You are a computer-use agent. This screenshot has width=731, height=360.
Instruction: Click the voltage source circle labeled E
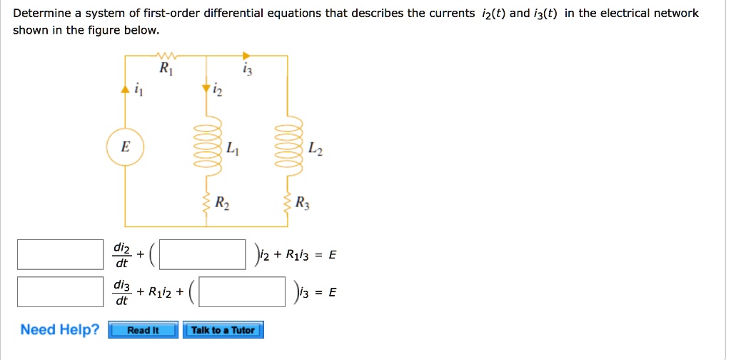pyautogui.click(x=126, y=147)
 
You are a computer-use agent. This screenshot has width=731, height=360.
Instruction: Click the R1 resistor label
pyautogui.click(x=165, y=70)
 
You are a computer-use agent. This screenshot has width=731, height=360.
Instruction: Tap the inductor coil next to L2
pyautogui.click(x=287, y=147)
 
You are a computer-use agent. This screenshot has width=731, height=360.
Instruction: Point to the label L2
pyautogui.click(x=317, y=150)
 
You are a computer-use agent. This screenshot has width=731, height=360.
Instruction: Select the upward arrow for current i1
pyautogui.click(x=126, y=89)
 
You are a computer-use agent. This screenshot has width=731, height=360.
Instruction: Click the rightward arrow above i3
pyautogui.click(x=246, y=55)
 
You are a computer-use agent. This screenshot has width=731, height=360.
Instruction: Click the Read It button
pyautogui.click(x=143, y=330)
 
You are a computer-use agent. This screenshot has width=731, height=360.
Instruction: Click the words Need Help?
pyautogui.click(x=60, y=329)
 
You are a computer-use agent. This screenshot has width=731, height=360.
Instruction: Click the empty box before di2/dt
pyautogui.click(x=60, y=254)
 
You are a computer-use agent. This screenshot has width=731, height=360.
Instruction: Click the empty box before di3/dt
pyautogui.click(x=60, y=292)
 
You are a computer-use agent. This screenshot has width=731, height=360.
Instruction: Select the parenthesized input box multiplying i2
pyautogui.click(x=208, y=254)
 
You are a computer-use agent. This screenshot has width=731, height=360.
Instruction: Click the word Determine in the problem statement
pyautogui.click(x=41, y=14)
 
